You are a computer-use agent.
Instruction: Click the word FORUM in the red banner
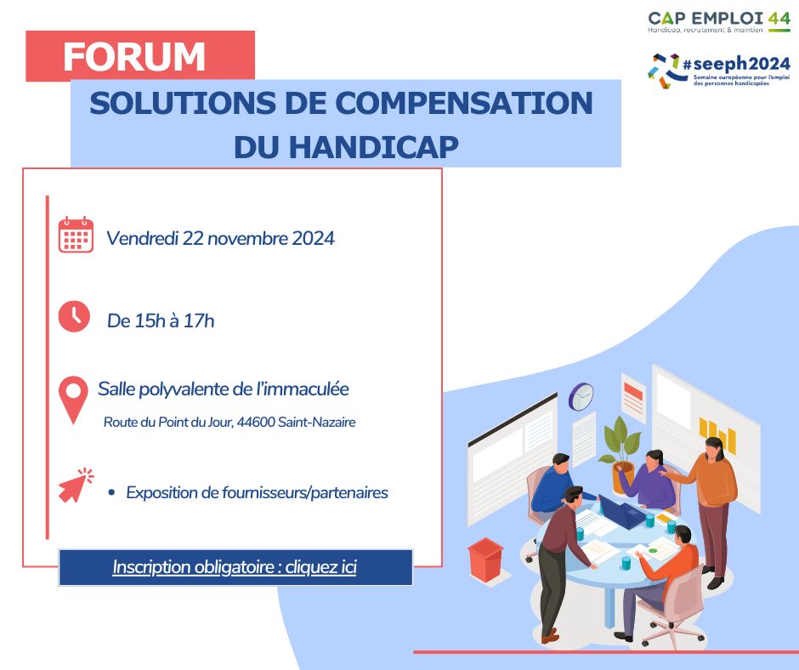(134, 57)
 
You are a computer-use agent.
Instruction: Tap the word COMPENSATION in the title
(464, 103)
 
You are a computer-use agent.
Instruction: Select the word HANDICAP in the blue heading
(374, 147)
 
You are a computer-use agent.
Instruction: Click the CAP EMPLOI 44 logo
(719, 22)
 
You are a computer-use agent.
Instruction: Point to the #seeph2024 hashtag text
(736, 65)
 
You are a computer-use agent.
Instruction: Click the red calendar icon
(76, 235)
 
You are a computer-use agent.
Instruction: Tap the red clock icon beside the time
(74, 316)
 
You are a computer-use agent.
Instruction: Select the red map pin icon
(73, 400)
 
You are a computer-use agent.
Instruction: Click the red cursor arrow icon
(76, 485)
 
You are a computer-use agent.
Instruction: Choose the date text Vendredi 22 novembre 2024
(220, 238)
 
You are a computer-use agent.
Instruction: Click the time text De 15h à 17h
(161, 321)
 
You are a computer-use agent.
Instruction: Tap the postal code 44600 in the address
(256, 423)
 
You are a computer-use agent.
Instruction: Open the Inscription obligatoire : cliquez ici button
(235, 567)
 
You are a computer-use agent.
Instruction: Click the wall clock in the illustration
(581, 396)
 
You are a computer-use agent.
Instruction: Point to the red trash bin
(485, 559)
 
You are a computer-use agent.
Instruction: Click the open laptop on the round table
(621, 512)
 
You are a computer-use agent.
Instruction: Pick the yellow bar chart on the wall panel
(717, 435)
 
